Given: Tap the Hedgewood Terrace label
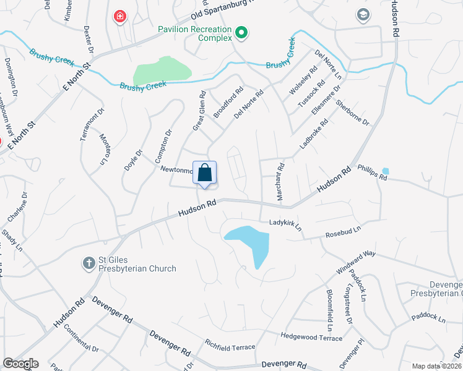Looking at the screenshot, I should (x=311, y=338).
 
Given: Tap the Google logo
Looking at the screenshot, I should (x=20, y=364).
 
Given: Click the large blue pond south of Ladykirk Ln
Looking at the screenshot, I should (x=250, y=241).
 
